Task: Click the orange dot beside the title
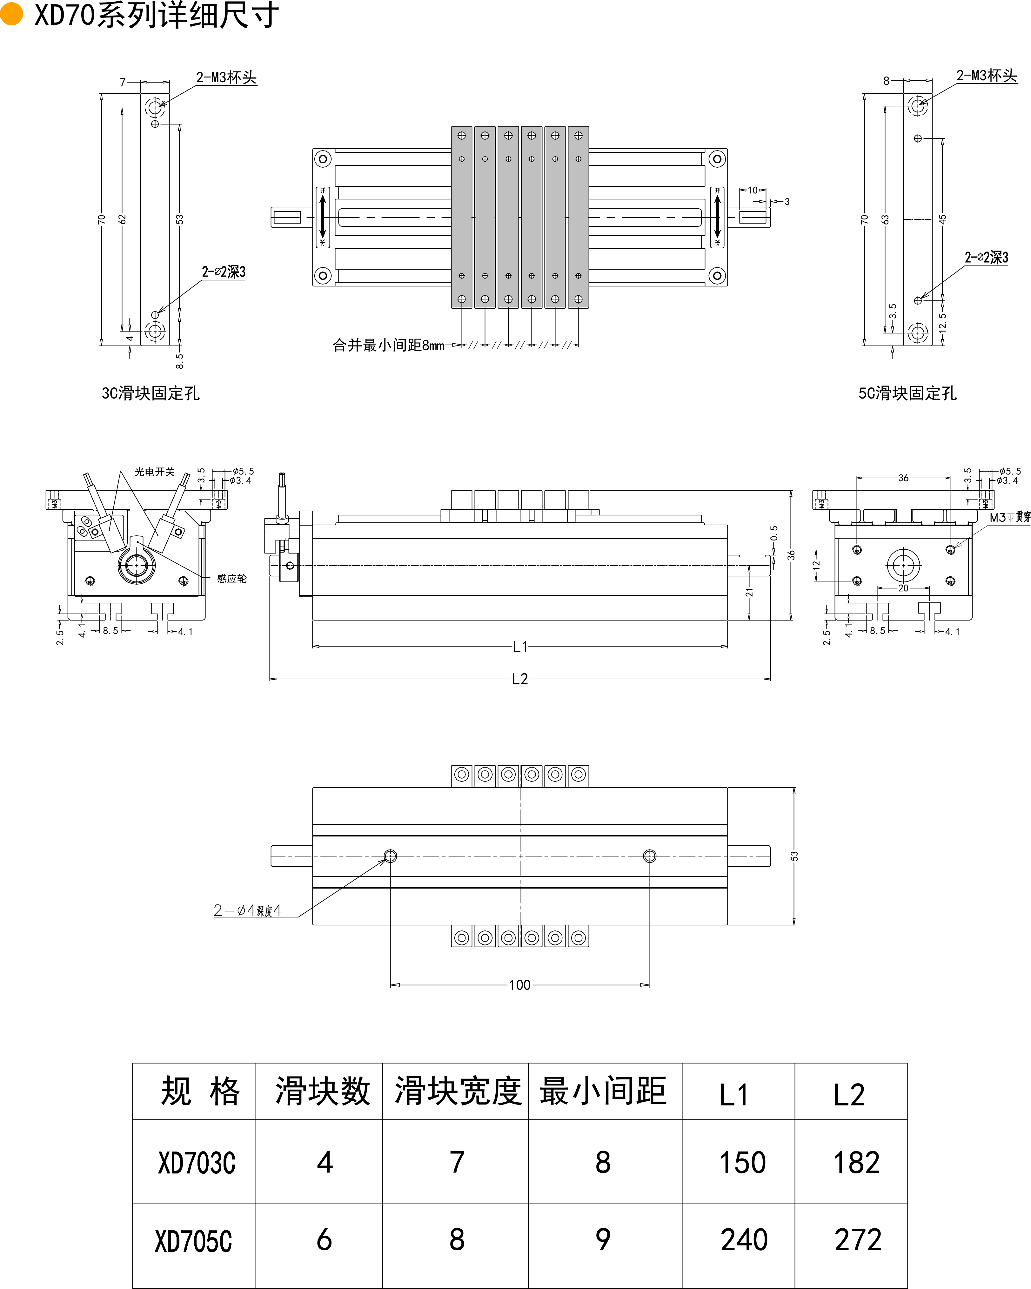click(11, 14)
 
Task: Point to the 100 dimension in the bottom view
click(519, 985)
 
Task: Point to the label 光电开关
click(154, 472)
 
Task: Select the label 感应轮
click(231, 578)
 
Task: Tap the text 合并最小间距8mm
click(389, 345)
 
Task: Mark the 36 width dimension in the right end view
click(903, 478)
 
